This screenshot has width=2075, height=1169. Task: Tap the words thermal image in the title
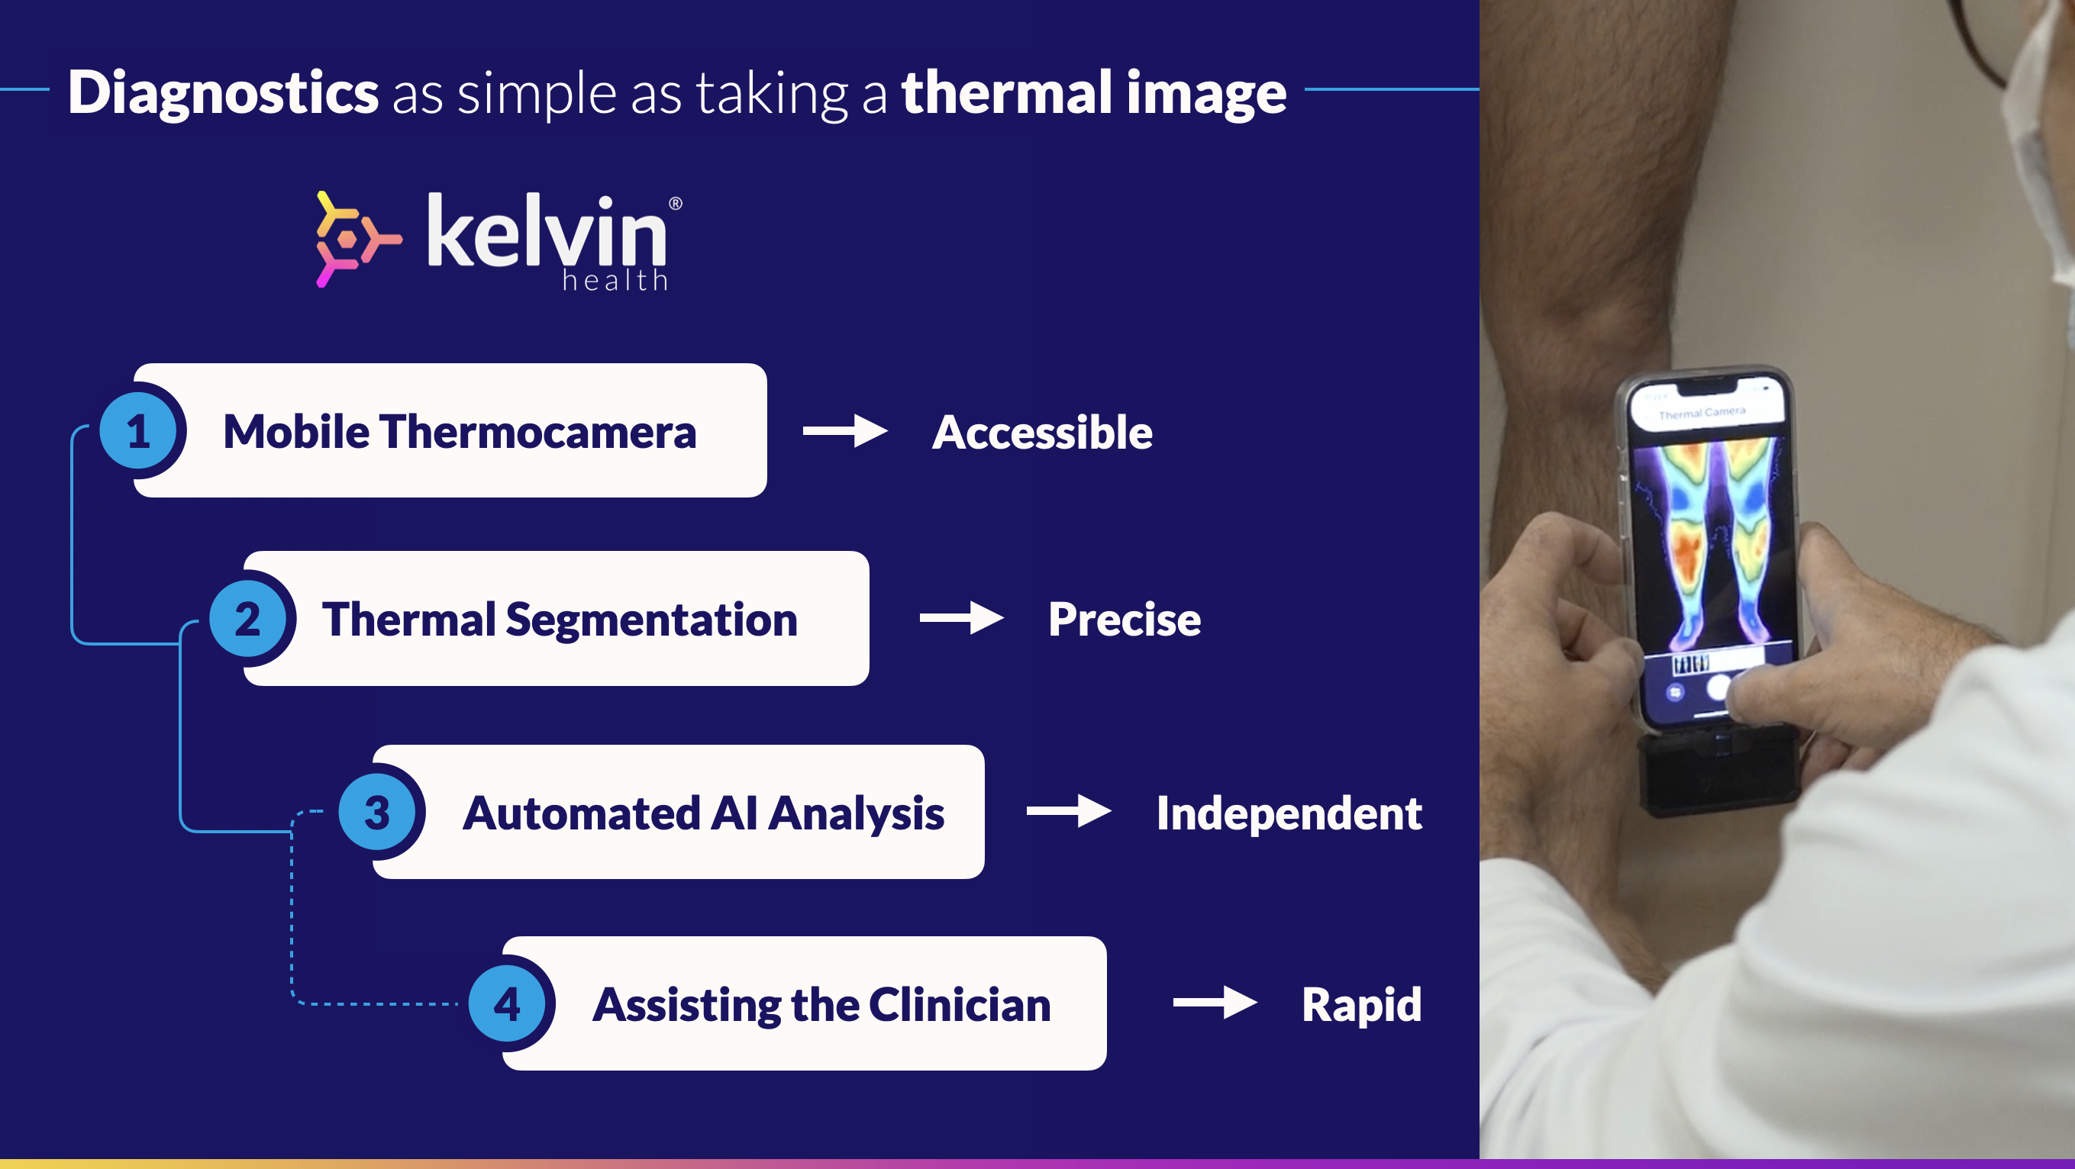(1094, 93)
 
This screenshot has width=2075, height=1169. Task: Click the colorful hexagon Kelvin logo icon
(357, 239)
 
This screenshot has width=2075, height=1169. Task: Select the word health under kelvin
(615, 280)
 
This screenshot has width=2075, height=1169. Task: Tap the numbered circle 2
(248, 619)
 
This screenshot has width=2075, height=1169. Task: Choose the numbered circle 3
(377, 813)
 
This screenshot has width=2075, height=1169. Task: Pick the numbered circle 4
(508, 1004)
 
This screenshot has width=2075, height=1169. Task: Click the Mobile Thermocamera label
(459, 432)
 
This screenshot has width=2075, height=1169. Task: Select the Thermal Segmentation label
(560, 620)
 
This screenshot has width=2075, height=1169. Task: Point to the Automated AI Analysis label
(703, 813)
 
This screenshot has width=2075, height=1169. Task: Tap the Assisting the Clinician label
(821, 1006)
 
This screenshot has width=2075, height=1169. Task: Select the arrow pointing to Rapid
(1215, 1003)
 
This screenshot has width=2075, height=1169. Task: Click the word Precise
(1125, 619)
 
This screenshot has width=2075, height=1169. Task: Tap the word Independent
(1289, 813)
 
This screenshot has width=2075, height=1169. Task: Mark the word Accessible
(1042, 433)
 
